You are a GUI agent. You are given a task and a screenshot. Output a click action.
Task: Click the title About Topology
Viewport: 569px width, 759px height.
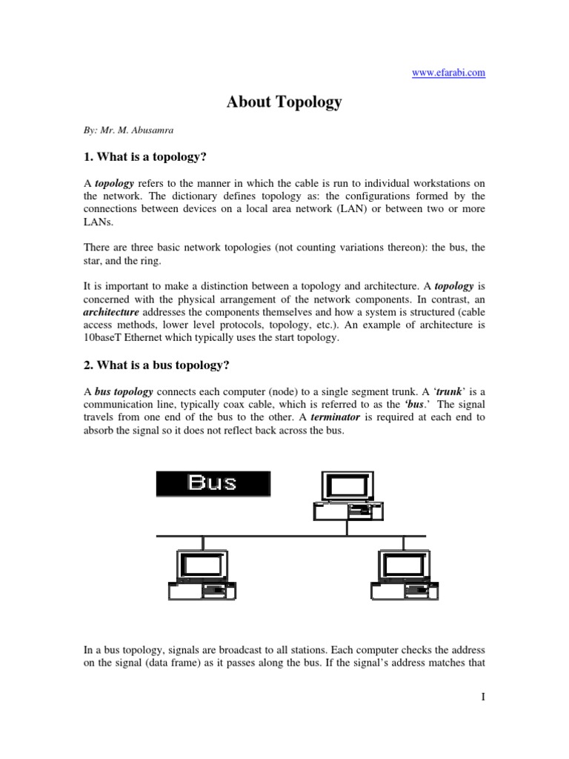click(284, 102)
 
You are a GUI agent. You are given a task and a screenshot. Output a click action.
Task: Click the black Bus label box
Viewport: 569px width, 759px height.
click(213, 483)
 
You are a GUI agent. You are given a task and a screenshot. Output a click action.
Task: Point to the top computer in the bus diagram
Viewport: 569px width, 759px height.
click(346, 497)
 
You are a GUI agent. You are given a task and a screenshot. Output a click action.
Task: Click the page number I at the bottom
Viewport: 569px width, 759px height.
click(482, 697)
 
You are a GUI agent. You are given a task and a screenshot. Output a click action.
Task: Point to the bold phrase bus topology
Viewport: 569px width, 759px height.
click(124, 391)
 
